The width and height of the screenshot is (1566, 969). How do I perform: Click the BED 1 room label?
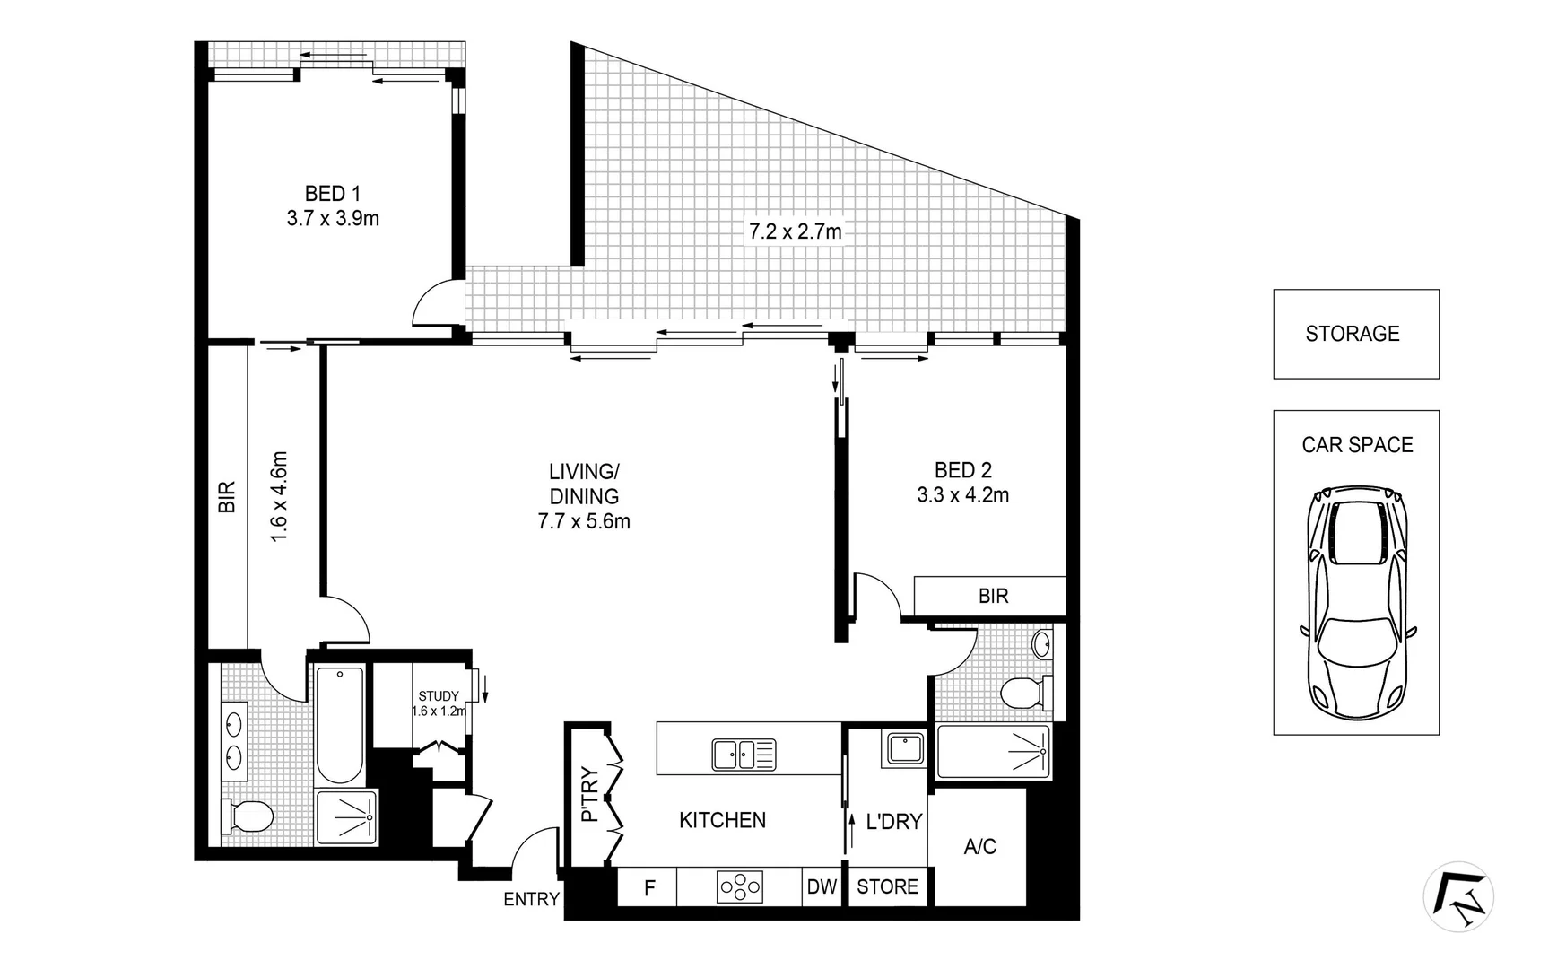coord(333,194)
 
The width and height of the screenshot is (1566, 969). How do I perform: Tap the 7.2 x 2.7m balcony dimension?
coord(796,231)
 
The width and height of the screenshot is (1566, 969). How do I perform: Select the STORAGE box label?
coord(1352,334)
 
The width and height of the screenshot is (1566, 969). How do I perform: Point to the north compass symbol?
coord(1458,895)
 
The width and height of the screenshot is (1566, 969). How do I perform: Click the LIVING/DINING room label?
coord(584,484)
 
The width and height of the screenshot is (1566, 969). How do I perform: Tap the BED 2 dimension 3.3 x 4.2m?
coord(962,495)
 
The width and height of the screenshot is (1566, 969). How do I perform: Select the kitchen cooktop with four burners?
coord(740,887)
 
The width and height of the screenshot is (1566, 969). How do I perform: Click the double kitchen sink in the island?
coord(744,755)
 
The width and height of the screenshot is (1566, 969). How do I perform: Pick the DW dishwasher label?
coord(822,887)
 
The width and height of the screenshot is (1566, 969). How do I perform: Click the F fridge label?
coord(649,888)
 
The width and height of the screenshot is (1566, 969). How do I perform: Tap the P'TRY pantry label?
coord(589,794)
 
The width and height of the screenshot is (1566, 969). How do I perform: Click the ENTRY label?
coord(531,899)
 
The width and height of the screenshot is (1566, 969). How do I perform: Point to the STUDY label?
coord(438,696)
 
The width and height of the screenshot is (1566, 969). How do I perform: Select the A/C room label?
coord(979,846)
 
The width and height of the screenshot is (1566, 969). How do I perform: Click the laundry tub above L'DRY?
coord(905,748)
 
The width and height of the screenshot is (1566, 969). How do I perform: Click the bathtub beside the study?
coord(340,725)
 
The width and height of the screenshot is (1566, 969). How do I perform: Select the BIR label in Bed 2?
coord(993,596)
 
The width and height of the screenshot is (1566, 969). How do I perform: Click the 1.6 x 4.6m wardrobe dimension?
coord(279,496)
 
